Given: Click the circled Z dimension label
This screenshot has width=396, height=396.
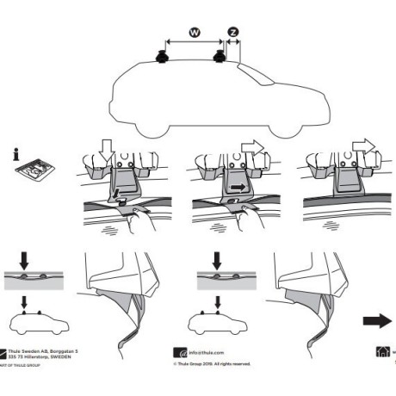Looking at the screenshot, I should point(233,32).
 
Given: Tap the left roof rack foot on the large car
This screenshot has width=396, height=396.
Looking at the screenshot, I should point(163,59).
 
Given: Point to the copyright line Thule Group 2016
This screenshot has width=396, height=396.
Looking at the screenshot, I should point(212,363).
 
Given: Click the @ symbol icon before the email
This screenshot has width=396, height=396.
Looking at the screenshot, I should point(181,353).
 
